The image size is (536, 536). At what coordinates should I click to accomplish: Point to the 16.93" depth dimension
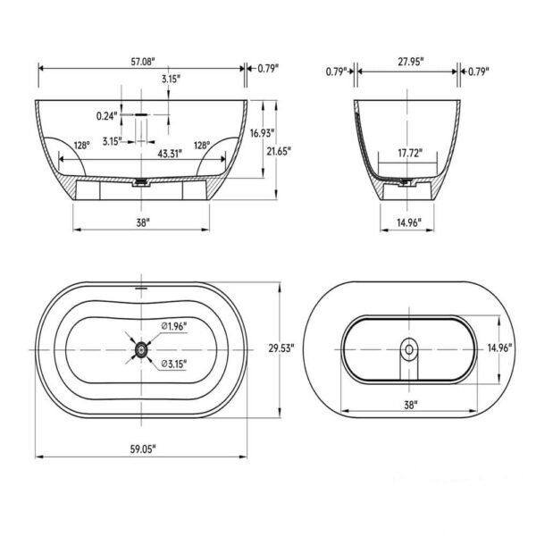(x=262, y=133)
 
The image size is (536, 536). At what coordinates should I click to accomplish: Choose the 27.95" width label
(x=411, y=62)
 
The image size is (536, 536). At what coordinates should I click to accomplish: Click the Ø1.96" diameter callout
(x=174, y=327)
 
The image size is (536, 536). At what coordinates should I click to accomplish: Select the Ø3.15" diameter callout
(x=174, y=364)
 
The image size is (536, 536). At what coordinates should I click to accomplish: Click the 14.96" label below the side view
(x=409, y=221)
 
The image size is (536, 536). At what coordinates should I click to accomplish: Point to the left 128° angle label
(x=82, y=145)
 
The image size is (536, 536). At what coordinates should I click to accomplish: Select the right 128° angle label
(x=201, y=145)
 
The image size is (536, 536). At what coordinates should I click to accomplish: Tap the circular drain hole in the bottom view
(x=410, y=348)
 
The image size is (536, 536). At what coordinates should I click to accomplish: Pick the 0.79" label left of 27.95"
(x=336, y=71)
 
